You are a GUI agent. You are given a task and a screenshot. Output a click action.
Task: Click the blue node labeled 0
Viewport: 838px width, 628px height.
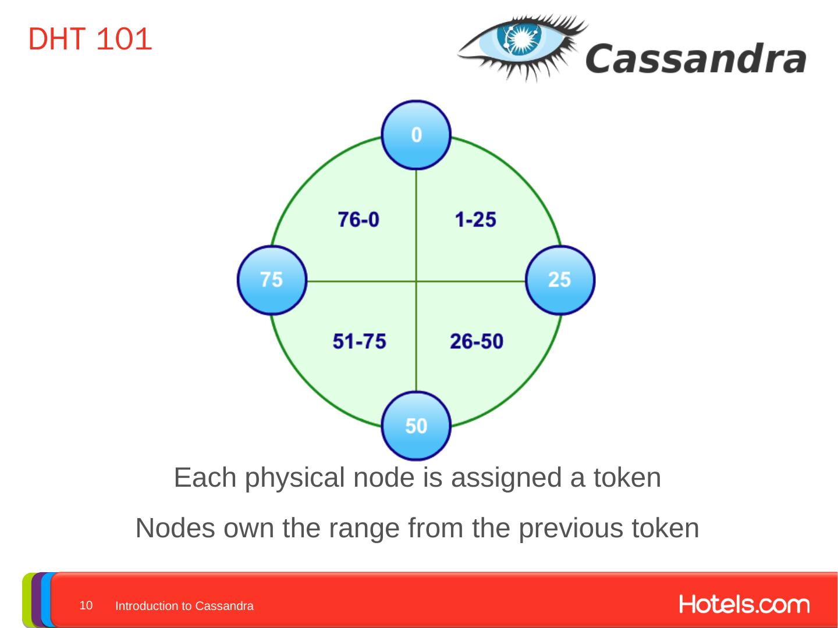tap(416, 135)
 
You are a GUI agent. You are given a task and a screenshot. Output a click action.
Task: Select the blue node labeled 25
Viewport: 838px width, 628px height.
tap(560, 280)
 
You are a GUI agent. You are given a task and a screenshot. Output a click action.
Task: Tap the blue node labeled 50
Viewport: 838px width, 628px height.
tap(416, 426)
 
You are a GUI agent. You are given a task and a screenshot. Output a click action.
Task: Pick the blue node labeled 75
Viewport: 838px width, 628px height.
tap(271, 280)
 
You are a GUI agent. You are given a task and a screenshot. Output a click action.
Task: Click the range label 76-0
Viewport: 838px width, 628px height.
tap(358, 220)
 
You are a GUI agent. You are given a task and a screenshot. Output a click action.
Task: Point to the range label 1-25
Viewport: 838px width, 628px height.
tap(475, 220)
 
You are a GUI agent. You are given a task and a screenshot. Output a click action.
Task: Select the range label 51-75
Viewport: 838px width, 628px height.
tap(359, 341)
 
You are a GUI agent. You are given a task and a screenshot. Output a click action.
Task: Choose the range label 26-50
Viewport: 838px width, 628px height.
tap(476, 341)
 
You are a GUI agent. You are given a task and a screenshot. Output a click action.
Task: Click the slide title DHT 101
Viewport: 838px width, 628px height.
tap(90, 40)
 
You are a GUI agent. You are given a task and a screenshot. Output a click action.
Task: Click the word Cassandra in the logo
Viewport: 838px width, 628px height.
tap(695, 59)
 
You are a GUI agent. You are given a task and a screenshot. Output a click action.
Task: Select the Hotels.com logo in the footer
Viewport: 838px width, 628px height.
tap(744, 605)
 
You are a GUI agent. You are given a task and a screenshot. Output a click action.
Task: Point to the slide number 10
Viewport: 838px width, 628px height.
tap(86, 605)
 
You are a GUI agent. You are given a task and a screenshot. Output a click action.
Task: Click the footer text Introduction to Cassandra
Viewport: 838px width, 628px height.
tap(184, 606)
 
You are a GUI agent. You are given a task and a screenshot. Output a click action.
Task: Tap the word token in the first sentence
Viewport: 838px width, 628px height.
tap(627, 478)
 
